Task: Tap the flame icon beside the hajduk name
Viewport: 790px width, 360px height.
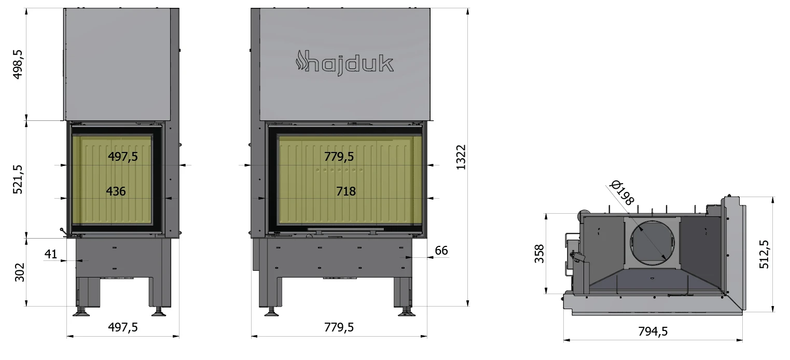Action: click(300, 60)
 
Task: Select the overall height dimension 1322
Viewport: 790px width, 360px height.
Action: click(461, 157)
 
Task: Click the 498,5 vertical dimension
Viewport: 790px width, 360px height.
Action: click(18, 64)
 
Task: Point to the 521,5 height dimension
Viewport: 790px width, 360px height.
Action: click(18, 179)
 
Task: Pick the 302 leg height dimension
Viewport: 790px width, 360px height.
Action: click(20, 272)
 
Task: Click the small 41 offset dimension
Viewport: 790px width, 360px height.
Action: click(51, 254)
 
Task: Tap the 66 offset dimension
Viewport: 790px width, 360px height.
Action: click(441, 251)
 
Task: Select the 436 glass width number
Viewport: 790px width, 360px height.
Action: click(116, 191)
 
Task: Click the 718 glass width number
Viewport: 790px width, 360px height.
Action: click(345, 191)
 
